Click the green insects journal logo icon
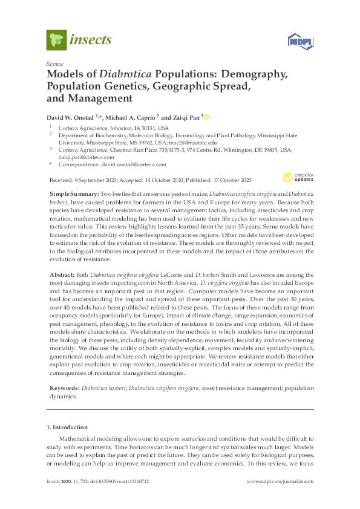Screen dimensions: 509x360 point(56,40)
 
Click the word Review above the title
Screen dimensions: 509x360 point(55,63)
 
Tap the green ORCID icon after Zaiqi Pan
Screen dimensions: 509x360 point(206,116)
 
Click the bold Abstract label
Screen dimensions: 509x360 point(61,274)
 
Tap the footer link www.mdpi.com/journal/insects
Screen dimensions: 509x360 point(280,482)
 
